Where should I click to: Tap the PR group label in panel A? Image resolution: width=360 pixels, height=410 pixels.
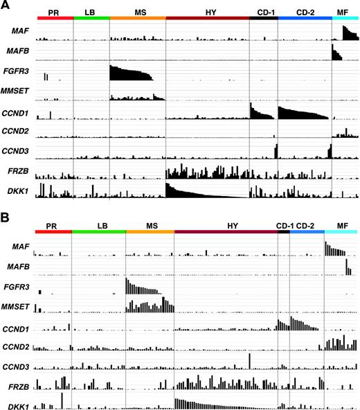pos(55,12)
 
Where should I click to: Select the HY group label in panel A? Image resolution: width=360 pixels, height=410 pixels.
pos(207,12)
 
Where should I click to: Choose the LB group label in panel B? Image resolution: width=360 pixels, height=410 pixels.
pos(98,226)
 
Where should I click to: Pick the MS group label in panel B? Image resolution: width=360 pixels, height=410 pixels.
pos(150,226)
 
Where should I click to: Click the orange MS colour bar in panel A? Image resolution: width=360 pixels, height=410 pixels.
pos(137,17)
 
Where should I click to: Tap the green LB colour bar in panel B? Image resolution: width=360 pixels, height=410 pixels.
pos(98,232)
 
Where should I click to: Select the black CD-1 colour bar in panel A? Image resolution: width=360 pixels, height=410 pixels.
pos(263,17)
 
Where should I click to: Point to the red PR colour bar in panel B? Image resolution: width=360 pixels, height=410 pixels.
pos(53,232)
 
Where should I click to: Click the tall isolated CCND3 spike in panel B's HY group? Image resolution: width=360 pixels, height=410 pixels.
pos(248,361)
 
